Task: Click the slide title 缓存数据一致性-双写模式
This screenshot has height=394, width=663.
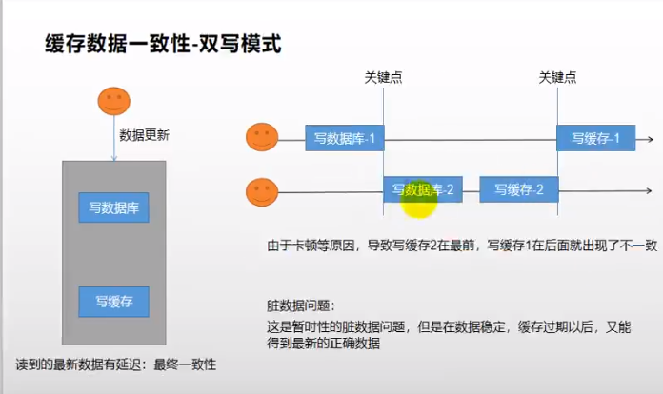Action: (x=163, y=44)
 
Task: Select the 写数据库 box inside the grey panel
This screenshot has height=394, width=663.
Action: (x=113, y=207)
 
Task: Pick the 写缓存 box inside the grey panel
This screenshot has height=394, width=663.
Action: (x=113, y=302)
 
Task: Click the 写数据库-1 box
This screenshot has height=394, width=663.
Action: (x=344, y=139)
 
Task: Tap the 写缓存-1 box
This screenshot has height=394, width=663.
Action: (x=596, y=139)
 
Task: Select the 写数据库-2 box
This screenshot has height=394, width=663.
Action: (x=423, y=190)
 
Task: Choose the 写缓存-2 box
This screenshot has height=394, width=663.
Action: (x=519, y=190)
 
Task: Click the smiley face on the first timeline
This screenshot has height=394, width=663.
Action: (x=262, y=138)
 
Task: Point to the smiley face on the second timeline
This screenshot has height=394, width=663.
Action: (x=262, y=191)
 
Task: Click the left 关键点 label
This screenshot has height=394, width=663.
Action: (x=383, y=77)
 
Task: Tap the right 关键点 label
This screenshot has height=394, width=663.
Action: (x=557, y=77)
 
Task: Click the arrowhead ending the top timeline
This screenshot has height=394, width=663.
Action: (x=648, y=139)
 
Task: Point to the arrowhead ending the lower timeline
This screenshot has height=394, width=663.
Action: (x=648, y=191)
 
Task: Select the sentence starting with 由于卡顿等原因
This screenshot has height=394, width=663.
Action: (x=462, y=245)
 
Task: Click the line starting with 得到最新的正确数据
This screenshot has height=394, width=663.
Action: (x=325, y=345)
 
